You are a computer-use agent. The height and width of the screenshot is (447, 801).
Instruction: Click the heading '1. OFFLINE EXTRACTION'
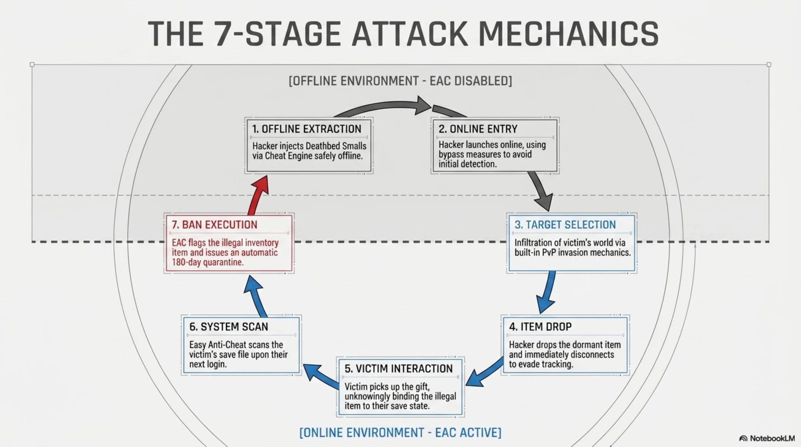(307, 129)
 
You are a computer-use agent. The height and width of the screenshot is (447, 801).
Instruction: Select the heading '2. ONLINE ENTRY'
(478, 129)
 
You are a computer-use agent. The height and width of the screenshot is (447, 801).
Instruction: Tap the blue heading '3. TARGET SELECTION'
(565, 225)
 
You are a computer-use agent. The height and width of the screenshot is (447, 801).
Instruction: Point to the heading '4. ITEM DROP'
(540, 327)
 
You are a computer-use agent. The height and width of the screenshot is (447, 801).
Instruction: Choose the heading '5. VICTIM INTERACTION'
(399, 369)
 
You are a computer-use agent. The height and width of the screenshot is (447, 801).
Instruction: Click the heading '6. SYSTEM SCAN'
(229, 327)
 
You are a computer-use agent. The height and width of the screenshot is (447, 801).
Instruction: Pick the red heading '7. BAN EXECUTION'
(214, 225)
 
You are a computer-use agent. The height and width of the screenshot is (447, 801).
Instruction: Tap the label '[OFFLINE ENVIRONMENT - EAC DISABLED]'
(400, 81)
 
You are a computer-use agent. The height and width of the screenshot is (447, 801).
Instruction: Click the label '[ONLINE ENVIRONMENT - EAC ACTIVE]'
(400, 432)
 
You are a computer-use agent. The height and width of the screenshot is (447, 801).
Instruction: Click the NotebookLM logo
(767, 438)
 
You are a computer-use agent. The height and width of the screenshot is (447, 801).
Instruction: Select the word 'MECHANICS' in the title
(569, 34)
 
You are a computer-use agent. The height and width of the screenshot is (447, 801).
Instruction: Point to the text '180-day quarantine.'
(208, 262)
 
